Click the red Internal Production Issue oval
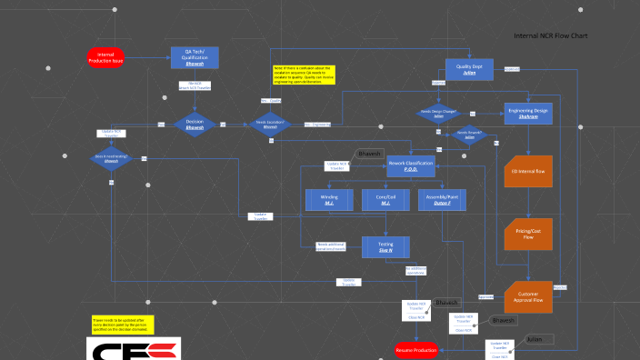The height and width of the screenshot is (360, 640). coord(105,56)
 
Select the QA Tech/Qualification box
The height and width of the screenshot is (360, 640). coord(195,57)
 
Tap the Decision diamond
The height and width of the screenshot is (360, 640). coord(195,125)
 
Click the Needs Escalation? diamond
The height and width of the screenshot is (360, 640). coord(270,125)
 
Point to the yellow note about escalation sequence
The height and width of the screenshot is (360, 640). coord(305,74)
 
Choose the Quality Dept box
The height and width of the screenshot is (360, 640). coord(469,70)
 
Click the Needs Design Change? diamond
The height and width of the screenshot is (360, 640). coord(438,115)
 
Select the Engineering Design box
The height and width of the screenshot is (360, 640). coord(528,114)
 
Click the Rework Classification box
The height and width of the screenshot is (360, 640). coord(411,165)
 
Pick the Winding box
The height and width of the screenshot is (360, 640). coord(329,200)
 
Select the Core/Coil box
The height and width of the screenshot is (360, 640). coord(385,200)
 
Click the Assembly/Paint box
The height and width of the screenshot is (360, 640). coord(442,200)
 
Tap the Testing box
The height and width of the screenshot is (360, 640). coord(385,245)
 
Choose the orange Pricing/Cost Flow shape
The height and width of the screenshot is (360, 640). coord(528,235)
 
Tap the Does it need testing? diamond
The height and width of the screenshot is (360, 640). coord(112,158)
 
